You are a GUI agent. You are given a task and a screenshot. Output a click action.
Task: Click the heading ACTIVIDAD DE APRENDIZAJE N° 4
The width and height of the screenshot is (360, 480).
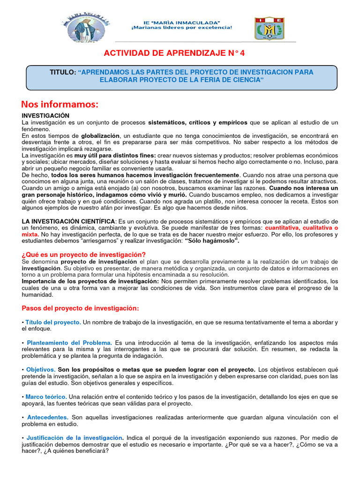[x=180, y=53]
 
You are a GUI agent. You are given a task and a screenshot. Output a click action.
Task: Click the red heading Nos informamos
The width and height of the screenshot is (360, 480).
[x=60, y=104]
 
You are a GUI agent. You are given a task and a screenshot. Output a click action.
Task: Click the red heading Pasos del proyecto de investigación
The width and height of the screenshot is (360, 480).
[x=81, y=308]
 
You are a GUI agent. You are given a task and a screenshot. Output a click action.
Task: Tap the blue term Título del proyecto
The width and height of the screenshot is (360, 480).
[x=53, y=322]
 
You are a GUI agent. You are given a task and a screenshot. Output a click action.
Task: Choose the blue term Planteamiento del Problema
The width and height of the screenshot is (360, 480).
[x=69, y=343]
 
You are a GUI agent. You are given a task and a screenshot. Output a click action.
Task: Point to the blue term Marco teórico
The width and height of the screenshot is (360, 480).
[x=46, y=397]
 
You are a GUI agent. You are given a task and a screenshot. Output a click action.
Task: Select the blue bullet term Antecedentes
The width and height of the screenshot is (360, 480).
[x=48, y=417]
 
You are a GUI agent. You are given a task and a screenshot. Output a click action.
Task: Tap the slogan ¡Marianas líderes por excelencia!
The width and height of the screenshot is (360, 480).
[x=181, y=28]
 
